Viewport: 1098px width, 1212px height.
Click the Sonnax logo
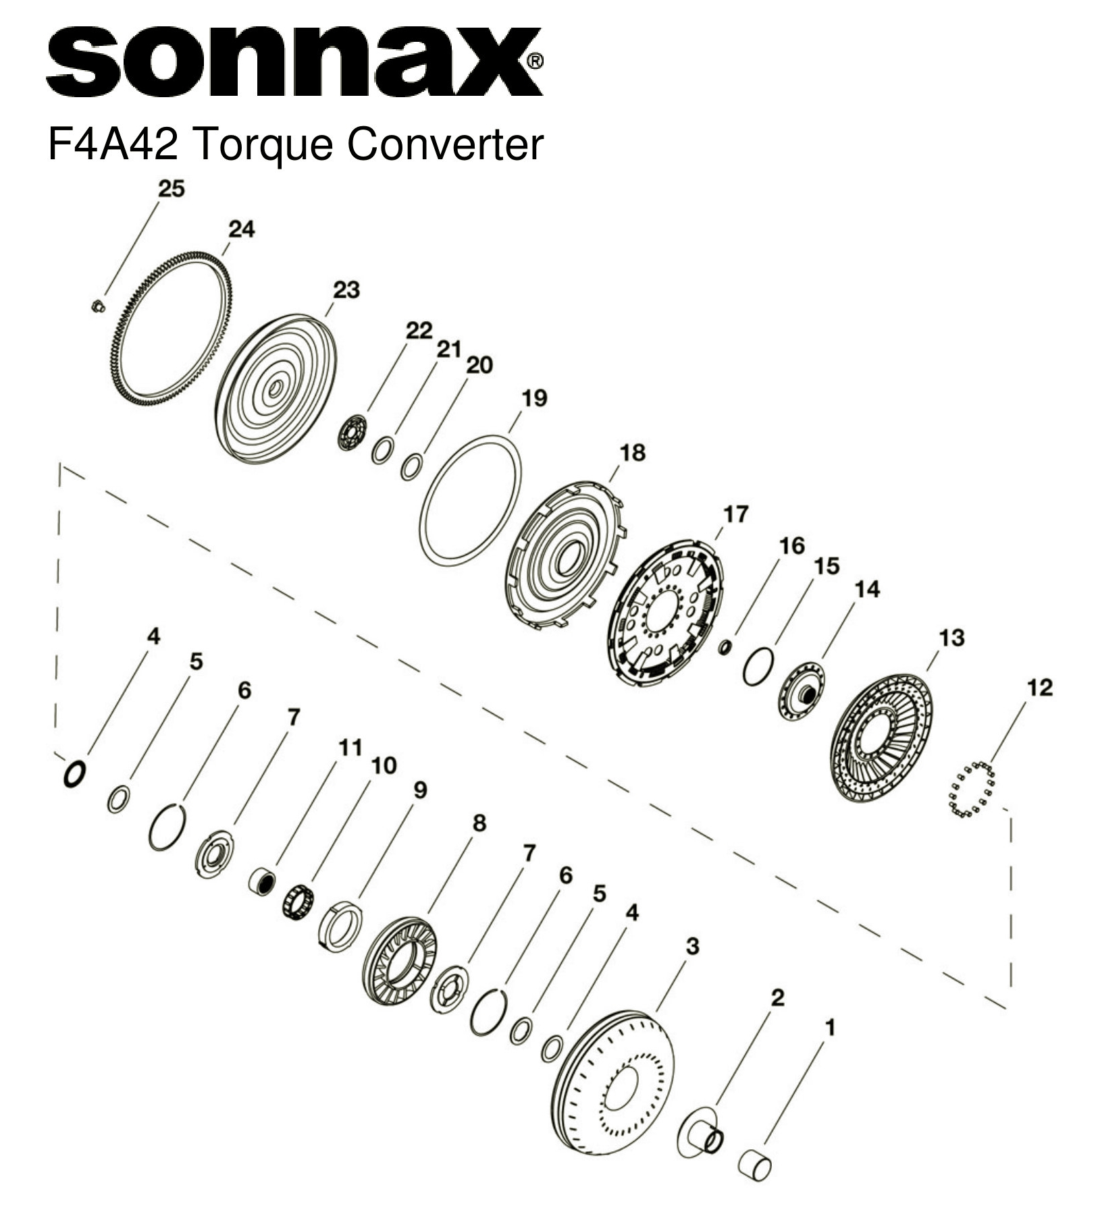coord(294,62)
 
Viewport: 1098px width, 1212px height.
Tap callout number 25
coord(171,189)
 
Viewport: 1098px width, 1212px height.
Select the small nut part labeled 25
coord(97,306)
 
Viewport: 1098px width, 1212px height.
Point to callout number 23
coord(346,290)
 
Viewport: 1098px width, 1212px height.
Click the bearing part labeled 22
coord(352,433)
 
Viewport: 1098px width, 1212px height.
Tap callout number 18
coord(632,452)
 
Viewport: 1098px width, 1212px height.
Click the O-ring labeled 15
coord(758,667)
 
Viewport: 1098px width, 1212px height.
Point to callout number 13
coord(951,637)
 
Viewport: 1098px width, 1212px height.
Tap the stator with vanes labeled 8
coord(398,961)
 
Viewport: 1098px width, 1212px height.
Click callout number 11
coord(350,748)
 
